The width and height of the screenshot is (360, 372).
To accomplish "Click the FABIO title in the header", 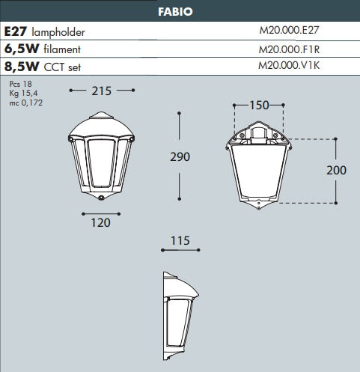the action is (175, 11).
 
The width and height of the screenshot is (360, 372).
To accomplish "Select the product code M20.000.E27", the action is (289, 30).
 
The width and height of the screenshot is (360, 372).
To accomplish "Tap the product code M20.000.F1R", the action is (289, 49).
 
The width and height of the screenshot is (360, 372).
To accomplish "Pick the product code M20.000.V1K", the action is (289, 65).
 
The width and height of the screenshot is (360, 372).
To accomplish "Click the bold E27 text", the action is (16, 31).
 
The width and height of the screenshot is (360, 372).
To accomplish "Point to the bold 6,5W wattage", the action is (22, 49).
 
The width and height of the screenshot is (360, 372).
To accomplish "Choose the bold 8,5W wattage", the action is (22, 67).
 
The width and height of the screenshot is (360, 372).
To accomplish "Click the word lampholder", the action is (58, 33).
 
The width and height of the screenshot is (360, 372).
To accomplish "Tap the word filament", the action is (62, 49).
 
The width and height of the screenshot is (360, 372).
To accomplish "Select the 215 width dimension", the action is (101, 91).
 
